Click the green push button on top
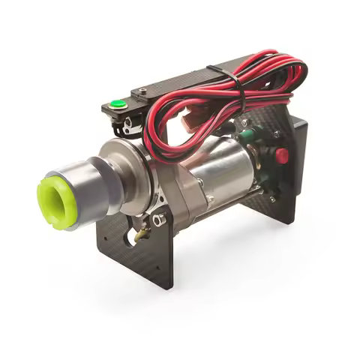pos(117,105)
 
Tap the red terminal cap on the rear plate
pos(282,156)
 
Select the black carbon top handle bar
pos(180,84)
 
